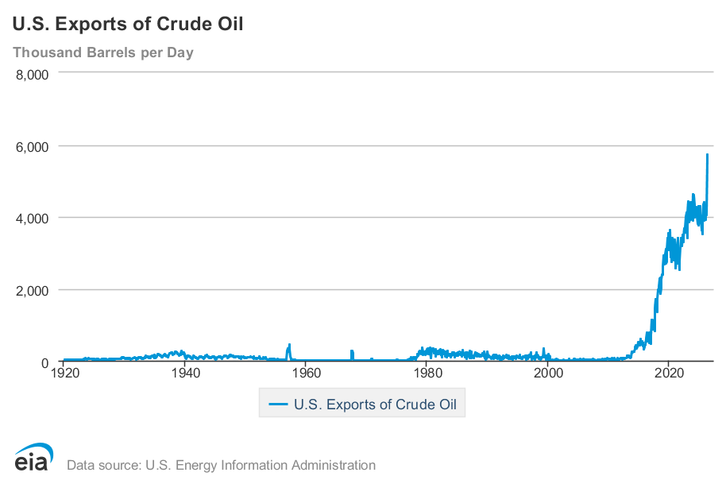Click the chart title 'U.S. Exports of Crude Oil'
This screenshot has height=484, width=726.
coord(128,24)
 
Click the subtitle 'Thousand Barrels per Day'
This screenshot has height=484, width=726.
coord(103,52)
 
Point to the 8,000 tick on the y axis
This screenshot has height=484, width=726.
coord(32,75)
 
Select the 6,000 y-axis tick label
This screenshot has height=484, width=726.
coord(32,147)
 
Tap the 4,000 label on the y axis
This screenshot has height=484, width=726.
coord(32,219)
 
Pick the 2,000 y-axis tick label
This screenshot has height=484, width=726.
coord(32,291)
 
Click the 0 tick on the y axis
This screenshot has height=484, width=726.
coord(45,363)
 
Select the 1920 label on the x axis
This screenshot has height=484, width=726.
coord(65,373)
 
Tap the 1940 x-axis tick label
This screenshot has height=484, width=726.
coord(186,373)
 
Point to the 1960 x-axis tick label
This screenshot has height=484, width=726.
coord(307,373)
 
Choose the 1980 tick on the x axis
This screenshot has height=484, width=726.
coord(427,373)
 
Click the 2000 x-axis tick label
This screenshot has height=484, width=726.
coord(548,373)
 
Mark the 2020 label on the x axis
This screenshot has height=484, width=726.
coord(669,373)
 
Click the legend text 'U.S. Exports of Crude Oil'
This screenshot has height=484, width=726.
coord(375,405)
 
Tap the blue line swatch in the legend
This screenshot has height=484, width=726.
coord(278,405)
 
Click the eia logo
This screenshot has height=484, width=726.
coord(34,457)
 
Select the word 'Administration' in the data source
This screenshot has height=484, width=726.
coord(334,465)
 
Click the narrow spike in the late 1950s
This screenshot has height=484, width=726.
coord(289,352)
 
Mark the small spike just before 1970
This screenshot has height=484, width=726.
coord(352,355)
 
